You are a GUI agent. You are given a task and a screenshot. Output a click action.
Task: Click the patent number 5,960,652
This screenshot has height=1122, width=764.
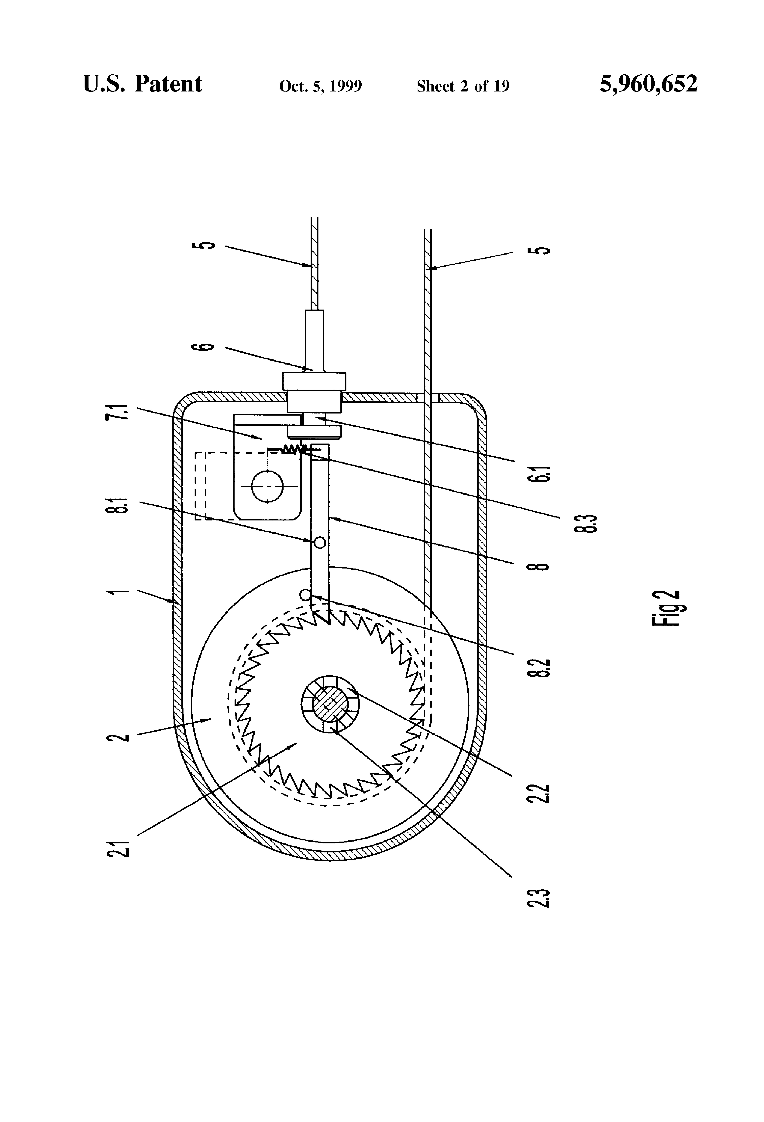[x=648, y=84]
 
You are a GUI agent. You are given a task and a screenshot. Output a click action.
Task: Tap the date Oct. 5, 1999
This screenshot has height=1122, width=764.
[x=320, y=86]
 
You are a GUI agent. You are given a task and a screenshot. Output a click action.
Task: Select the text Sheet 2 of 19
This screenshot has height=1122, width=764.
[x=463, y=86]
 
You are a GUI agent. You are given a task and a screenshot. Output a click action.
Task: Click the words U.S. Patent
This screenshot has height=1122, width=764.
[x=142, y=84]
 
